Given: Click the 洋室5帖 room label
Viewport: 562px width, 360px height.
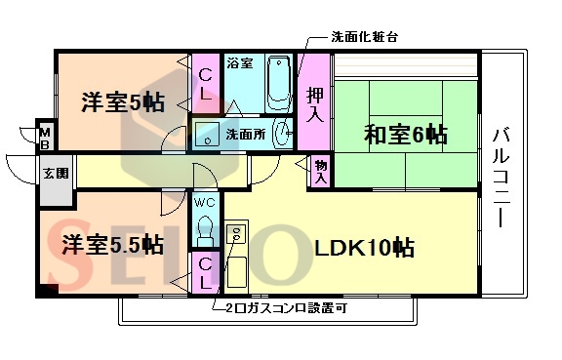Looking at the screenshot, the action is (x=121, y=100).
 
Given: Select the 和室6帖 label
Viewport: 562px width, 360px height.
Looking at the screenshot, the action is (x=406, y=135).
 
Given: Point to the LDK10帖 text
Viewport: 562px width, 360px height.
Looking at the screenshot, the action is (x=364, y=248).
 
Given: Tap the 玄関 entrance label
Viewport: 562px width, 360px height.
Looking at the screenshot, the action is (x=55, y=175).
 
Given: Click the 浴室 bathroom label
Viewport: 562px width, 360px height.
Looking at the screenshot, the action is (x=239, y=64).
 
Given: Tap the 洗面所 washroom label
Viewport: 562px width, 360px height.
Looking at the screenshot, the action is (x=243, y=134).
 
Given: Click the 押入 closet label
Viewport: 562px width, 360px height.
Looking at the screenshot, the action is (x=313, y=104).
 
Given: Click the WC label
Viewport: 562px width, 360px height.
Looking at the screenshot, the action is (x=205, y=202).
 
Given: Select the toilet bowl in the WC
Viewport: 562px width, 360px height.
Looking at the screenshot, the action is (x=205, y=230).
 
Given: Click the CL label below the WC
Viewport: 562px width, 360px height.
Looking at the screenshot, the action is (x=206, y=272).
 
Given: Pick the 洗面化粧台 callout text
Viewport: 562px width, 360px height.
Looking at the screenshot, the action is (x=364, y=37).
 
